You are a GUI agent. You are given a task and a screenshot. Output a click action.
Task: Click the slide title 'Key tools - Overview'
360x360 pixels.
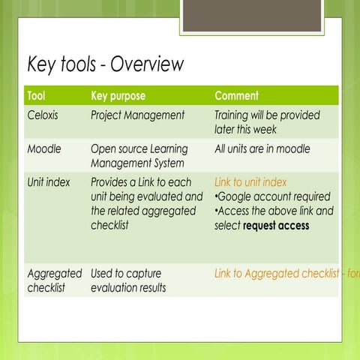(105, 64)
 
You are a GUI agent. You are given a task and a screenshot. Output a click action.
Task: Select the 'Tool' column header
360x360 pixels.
(36, 96)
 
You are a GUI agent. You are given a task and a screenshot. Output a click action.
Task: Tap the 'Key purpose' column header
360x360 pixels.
(118, 96)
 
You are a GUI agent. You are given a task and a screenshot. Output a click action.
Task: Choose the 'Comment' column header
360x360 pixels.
(236, 96)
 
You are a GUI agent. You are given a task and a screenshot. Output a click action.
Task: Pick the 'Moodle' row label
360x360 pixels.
(44, 149)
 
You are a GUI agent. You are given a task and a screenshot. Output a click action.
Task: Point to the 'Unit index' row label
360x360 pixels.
(49, 182)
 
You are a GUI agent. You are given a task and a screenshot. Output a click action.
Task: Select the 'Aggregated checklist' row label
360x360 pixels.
(55, 280)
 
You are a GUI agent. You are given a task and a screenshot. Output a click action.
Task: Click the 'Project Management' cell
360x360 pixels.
(137, 115)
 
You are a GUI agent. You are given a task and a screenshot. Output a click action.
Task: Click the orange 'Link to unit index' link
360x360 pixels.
(250, 182)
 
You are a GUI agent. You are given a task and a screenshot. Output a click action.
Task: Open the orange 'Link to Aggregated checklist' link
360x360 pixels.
(285, 274)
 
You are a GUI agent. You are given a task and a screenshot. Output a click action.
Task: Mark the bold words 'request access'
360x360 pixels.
(276, 226)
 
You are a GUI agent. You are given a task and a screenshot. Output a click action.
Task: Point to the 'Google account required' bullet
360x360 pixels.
(273, 196)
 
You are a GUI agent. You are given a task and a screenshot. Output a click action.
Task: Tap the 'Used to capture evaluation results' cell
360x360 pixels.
(127, 280)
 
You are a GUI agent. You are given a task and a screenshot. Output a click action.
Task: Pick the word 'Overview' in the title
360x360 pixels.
(147, 64)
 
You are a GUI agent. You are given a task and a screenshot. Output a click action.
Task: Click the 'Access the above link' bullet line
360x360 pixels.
(274, 211)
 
